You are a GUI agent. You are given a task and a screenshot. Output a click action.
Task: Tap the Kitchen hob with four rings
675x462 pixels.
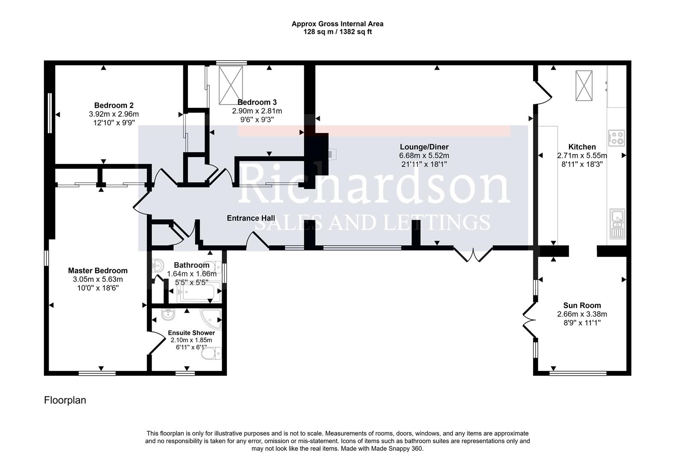pyautogui.click(x=616, y=138)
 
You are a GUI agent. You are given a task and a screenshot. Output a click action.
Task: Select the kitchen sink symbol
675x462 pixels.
pyautogui.click(x=617, y=223)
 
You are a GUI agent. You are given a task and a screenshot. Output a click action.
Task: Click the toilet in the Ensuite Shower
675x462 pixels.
pyautogui.click(x=212, y=353)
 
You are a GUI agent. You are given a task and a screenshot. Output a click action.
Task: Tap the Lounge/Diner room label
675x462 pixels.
pyautogui.click(x=424, y=147)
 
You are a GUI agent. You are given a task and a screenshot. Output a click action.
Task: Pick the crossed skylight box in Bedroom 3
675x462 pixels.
pyautogui.click(x=230, y=85)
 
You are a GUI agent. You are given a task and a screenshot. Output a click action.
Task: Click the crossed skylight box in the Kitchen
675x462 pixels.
pyautogui.click(x=584, y=86)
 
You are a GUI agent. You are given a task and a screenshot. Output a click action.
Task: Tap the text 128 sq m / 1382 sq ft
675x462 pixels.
pyautogui.click(x=337, y=32)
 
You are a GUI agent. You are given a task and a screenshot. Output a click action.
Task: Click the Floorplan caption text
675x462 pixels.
pyautogui.click(x=65, y=400)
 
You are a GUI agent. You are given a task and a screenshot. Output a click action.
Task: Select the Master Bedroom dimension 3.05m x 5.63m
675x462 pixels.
pyautogui.click(x=98, y=279)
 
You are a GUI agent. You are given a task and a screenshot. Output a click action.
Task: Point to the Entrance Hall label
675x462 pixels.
pyautogui.click(x=251, y=218)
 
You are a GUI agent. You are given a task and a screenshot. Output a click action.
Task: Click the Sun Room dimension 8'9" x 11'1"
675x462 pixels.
pyautogui.click(x=582, y=323)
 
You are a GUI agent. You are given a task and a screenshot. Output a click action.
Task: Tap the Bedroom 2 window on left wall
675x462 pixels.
pyautogui.click(x=50, y=113)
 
